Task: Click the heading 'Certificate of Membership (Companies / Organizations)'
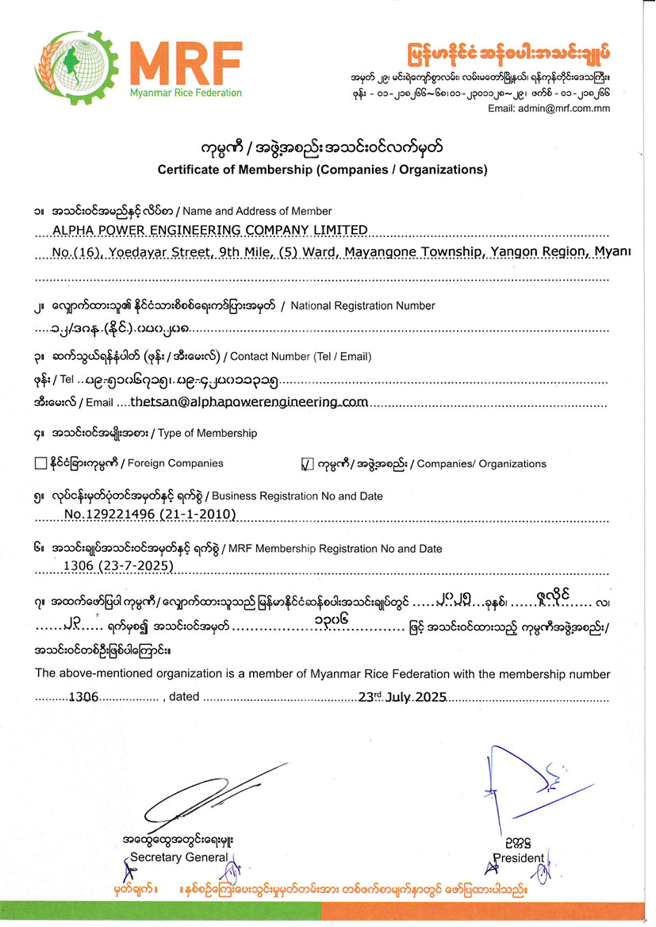point(322,170)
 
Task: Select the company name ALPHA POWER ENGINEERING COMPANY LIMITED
point(210,230)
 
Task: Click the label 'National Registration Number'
point(363,305)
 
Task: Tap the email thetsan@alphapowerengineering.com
point(249,402)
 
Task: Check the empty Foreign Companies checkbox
point(41,464)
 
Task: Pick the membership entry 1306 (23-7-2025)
point(118,565)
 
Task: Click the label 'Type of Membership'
point(208,433)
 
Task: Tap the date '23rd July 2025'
point(403,698)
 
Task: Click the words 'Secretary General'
point(178,856)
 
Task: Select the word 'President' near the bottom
point(519,857)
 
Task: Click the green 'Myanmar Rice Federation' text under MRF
point(186,94)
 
